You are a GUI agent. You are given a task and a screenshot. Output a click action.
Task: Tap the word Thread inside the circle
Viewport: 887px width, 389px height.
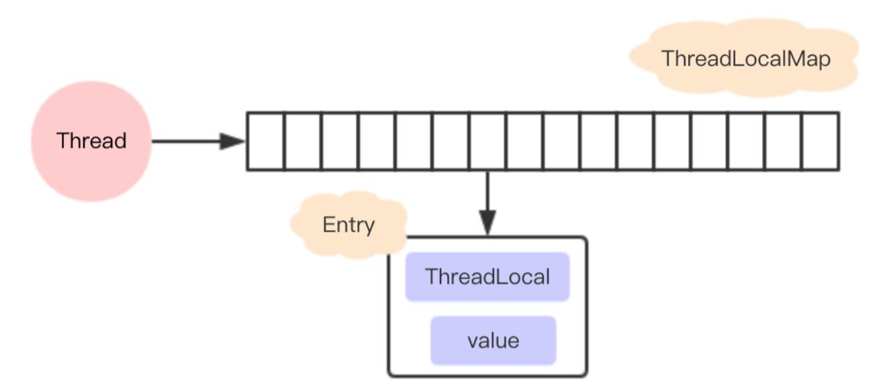click(x=91, y=142)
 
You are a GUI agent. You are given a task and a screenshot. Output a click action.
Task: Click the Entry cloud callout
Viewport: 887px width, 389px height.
click(x=347, y=226)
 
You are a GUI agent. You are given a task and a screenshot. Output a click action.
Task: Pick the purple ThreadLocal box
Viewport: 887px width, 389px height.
click(x=487, y=277)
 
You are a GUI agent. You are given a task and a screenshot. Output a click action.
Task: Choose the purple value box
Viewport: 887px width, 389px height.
click(x=494, y=341)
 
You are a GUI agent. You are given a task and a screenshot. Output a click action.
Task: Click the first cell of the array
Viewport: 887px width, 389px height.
click(x=266, y=142)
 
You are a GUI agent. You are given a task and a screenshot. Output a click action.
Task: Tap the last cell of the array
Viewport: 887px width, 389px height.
click(x=820, y=142)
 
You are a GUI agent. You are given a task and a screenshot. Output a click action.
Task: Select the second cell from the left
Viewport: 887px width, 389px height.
click(x=303, y=142)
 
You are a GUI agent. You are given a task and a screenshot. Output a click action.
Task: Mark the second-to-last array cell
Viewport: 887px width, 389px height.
click(x=783, y=142)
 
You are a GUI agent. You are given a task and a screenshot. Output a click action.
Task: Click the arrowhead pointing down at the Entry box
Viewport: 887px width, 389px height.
click(x=488, y=223)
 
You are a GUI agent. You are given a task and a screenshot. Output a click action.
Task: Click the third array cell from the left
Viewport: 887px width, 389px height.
click(x=340, y=142)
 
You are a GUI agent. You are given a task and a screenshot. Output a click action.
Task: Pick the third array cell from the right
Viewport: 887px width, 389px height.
click(x=746, y=142)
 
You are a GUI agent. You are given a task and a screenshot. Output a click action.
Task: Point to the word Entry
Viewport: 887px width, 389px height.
click(x=348, y=225)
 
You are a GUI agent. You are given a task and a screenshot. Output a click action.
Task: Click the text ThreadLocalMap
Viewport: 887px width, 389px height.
click(x=746, y=59)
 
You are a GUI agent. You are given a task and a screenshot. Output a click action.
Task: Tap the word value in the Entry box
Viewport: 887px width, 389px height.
click(x=494, y=341)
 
